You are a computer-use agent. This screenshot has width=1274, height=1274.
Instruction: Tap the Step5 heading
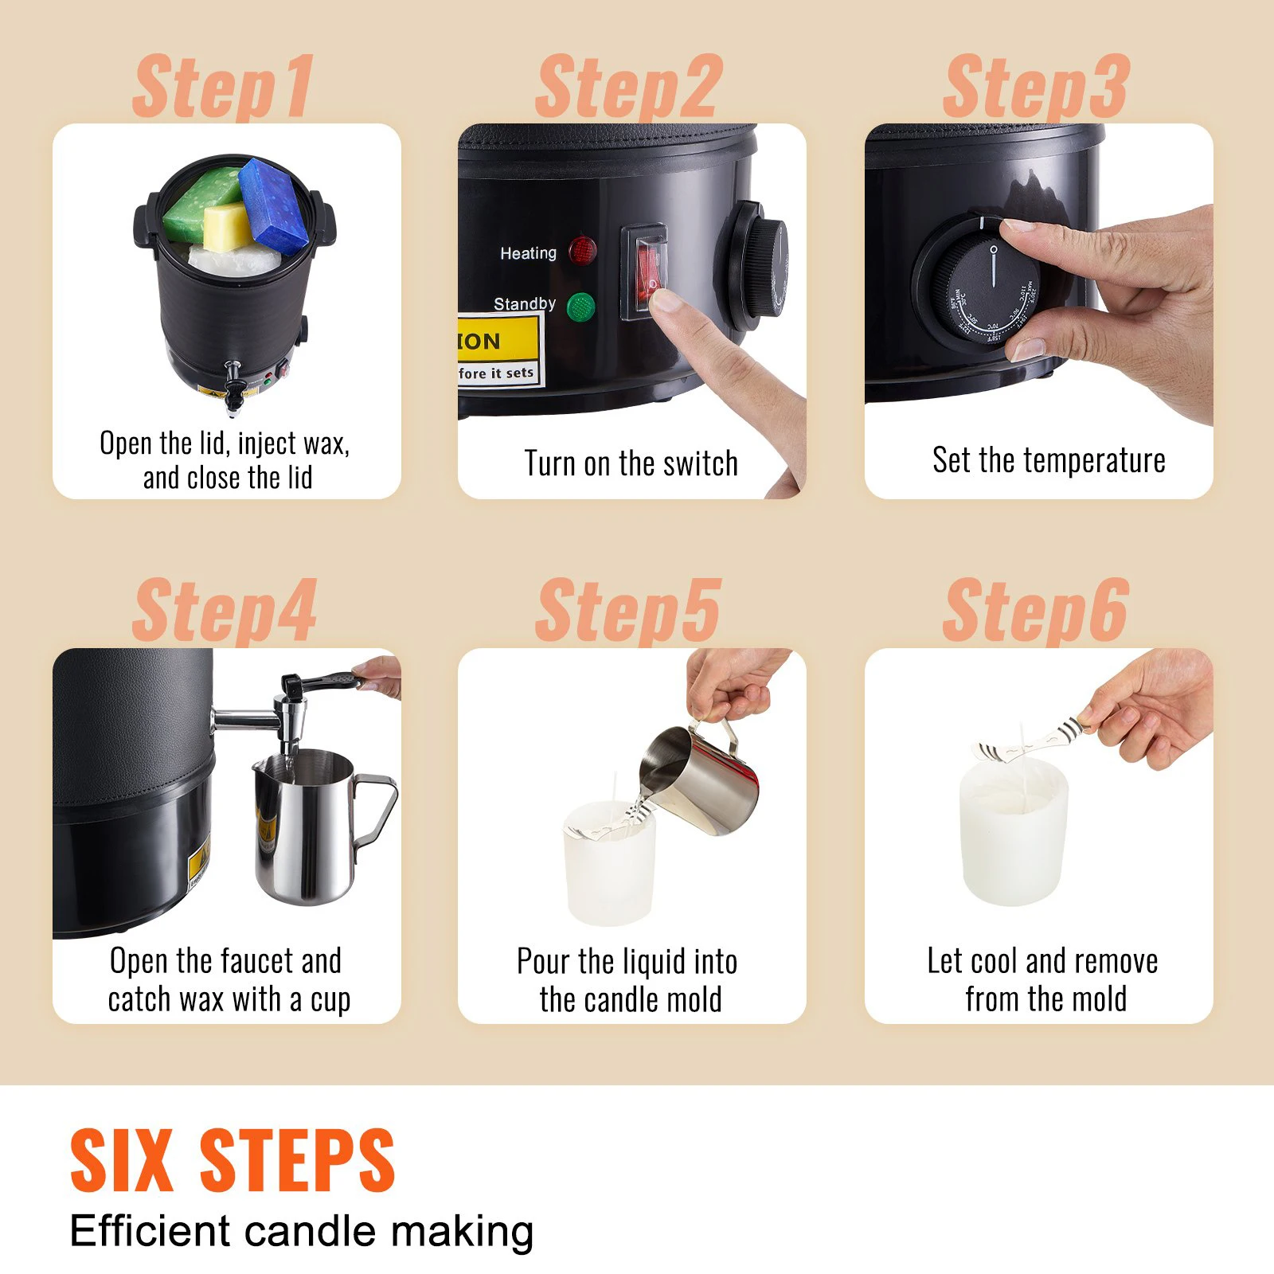629,611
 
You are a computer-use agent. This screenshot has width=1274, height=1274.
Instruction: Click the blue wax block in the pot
273,205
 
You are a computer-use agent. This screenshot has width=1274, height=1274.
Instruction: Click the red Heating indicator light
583,251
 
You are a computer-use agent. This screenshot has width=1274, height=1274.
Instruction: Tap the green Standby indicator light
580,307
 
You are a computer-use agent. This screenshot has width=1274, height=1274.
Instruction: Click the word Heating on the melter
528,253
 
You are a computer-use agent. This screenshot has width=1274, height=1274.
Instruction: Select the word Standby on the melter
524,303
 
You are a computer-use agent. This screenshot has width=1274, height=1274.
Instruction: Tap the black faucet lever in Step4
322,682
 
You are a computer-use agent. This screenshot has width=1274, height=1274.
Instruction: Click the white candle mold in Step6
1011,836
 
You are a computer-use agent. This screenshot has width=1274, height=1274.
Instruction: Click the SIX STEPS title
233,1161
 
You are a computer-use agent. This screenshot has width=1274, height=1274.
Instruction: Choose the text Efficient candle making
302,1231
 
